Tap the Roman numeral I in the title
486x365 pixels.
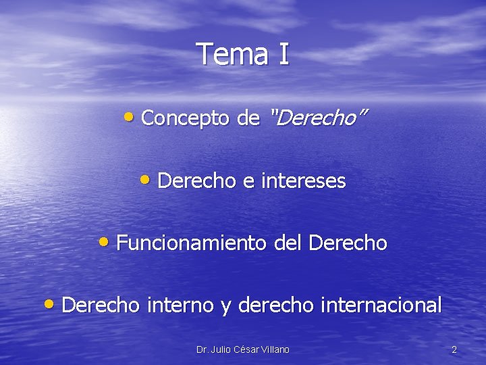pos(282,54)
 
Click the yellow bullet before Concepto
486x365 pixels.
pos(130,117)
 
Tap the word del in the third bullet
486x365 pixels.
pos(288,243)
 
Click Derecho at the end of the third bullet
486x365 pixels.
pos(348,243)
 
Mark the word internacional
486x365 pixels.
pos(381,306)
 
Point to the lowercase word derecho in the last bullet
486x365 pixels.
pos(276,306)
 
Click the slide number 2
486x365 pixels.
pos(454,349)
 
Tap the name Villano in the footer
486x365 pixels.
pos(273,349)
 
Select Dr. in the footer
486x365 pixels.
pos(202,349)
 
